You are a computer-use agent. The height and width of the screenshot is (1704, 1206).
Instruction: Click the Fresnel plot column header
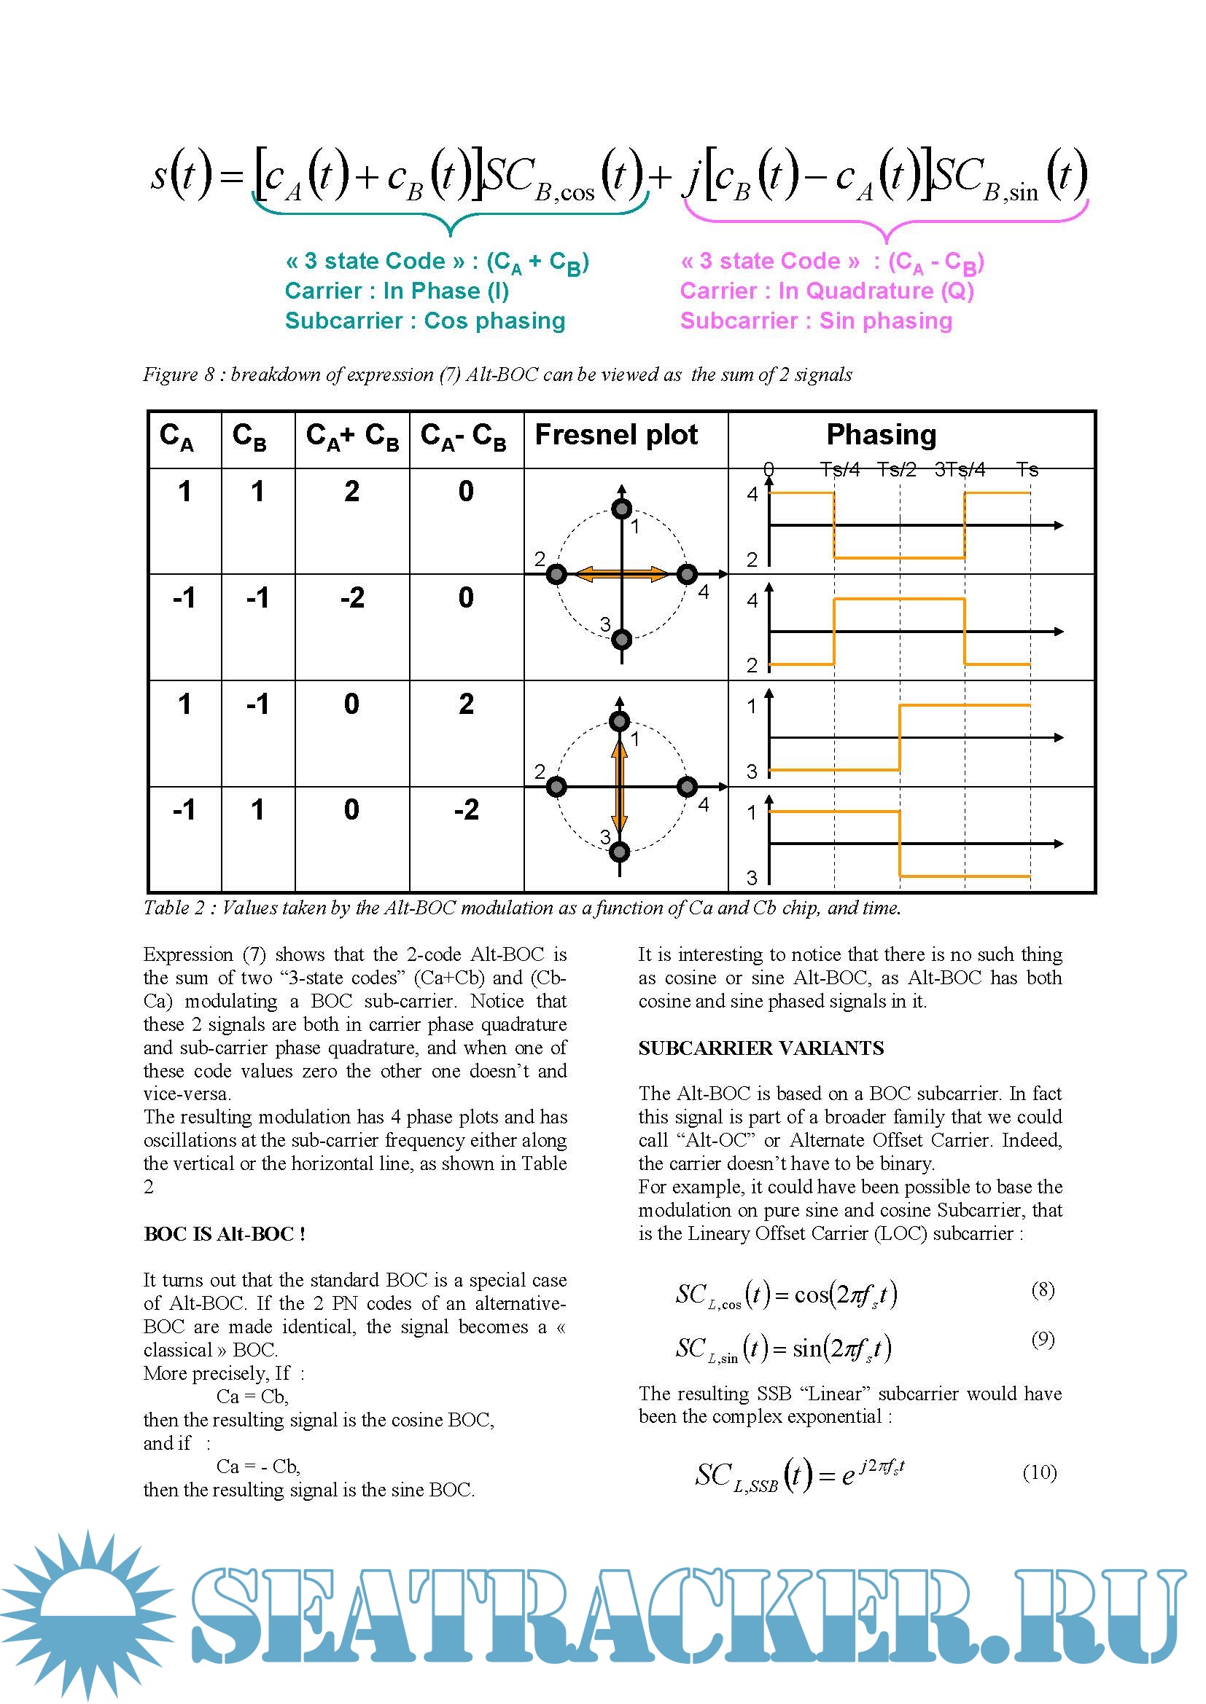(615, 435)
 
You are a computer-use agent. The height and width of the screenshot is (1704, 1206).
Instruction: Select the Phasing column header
(881, 435)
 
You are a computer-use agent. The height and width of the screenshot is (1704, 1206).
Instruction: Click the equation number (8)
(1043, 1290)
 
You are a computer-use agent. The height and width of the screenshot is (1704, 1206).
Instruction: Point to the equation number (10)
(1039, 1472)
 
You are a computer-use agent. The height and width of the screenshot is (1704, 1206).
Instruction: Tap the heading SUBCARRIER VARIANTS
(760, 1048)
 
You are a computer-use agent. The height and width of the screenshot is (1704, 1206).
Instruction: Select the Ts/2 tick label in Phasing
(896, 470)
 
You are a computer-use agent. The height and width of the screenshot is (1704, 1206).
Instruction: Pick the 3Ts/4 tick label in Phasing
(960, 470)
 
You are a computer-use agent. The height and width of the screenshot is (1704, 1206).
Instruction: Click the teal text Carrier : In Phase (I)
(397, 291)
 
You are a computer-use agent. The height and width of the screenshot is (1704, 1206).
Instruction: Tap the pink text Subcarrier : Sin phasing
(815, 321)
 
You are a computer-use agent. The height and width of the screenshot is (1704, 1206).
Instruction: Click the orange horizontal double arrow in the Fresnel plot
(621, 573)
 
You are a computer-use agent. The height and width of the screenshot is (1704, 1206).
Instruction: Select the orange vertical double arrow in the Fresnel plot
(619, 786)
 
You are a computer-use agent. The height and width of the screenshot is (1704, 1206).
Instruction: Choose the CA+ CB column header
(352, 436)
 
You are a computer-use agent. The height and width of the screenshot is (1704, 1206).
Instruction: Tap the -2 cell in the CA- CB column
(467, 809)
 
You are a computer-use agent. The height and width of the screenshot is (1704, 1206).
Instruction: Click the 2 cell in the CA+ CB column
(352, 491)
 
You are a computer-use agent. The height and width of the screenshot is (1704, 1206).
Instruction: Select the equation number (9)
(1043, 1339)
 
